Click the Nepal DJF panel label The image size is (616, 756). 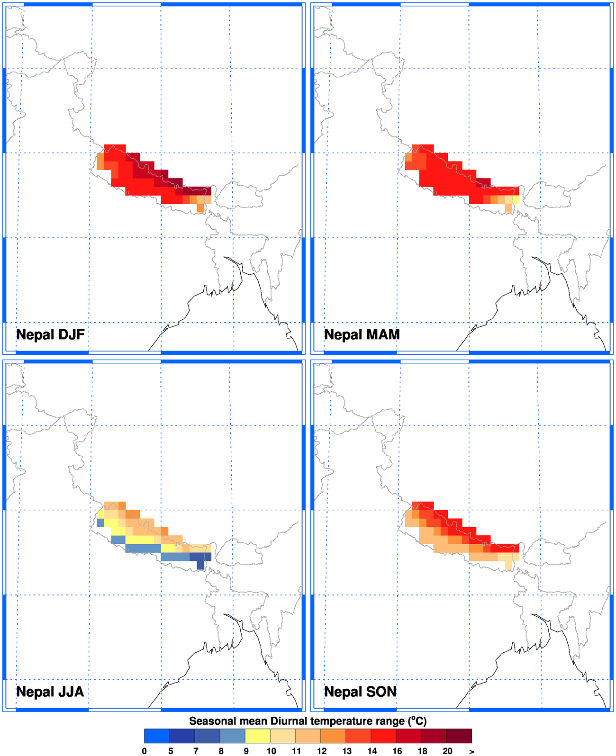pos(50,335)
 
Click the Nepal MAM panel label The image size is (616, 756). pos(362,335)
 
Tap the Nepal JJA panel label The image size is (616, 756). pos(50,692)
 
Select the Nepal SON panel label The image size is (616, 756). pos(360,692)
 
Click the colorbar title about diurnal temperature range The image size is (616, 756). pos(308,721)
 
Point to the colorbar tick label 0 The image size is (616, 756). pos(145,751)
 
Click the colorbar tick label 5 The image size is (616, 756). pos(171,751)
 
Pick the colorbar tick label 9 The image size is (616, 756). pos(246,751)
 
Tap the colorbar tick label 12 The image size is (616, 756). pos(322,751)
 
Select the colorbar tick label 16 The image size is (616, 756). pos(397,751)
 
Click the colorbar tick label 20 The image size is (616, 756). pos(447,751)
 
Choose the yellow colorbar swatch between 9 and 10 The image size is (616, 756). pos(258,736)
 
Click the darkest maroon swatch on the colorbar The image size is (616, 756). pos(459,736)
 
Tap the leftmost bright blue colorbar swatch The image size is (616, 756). pos(157,736)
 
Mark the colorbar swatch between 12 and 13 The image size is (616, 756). pos(333,736)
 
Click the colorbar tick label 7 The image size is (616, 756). pos(196,751)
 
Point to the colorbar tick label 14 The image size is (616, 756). pos(372,751)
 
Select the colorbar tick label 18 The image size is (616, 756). pos(422,751)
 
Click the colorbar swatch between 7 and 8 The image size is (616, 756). pos(207,736)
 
